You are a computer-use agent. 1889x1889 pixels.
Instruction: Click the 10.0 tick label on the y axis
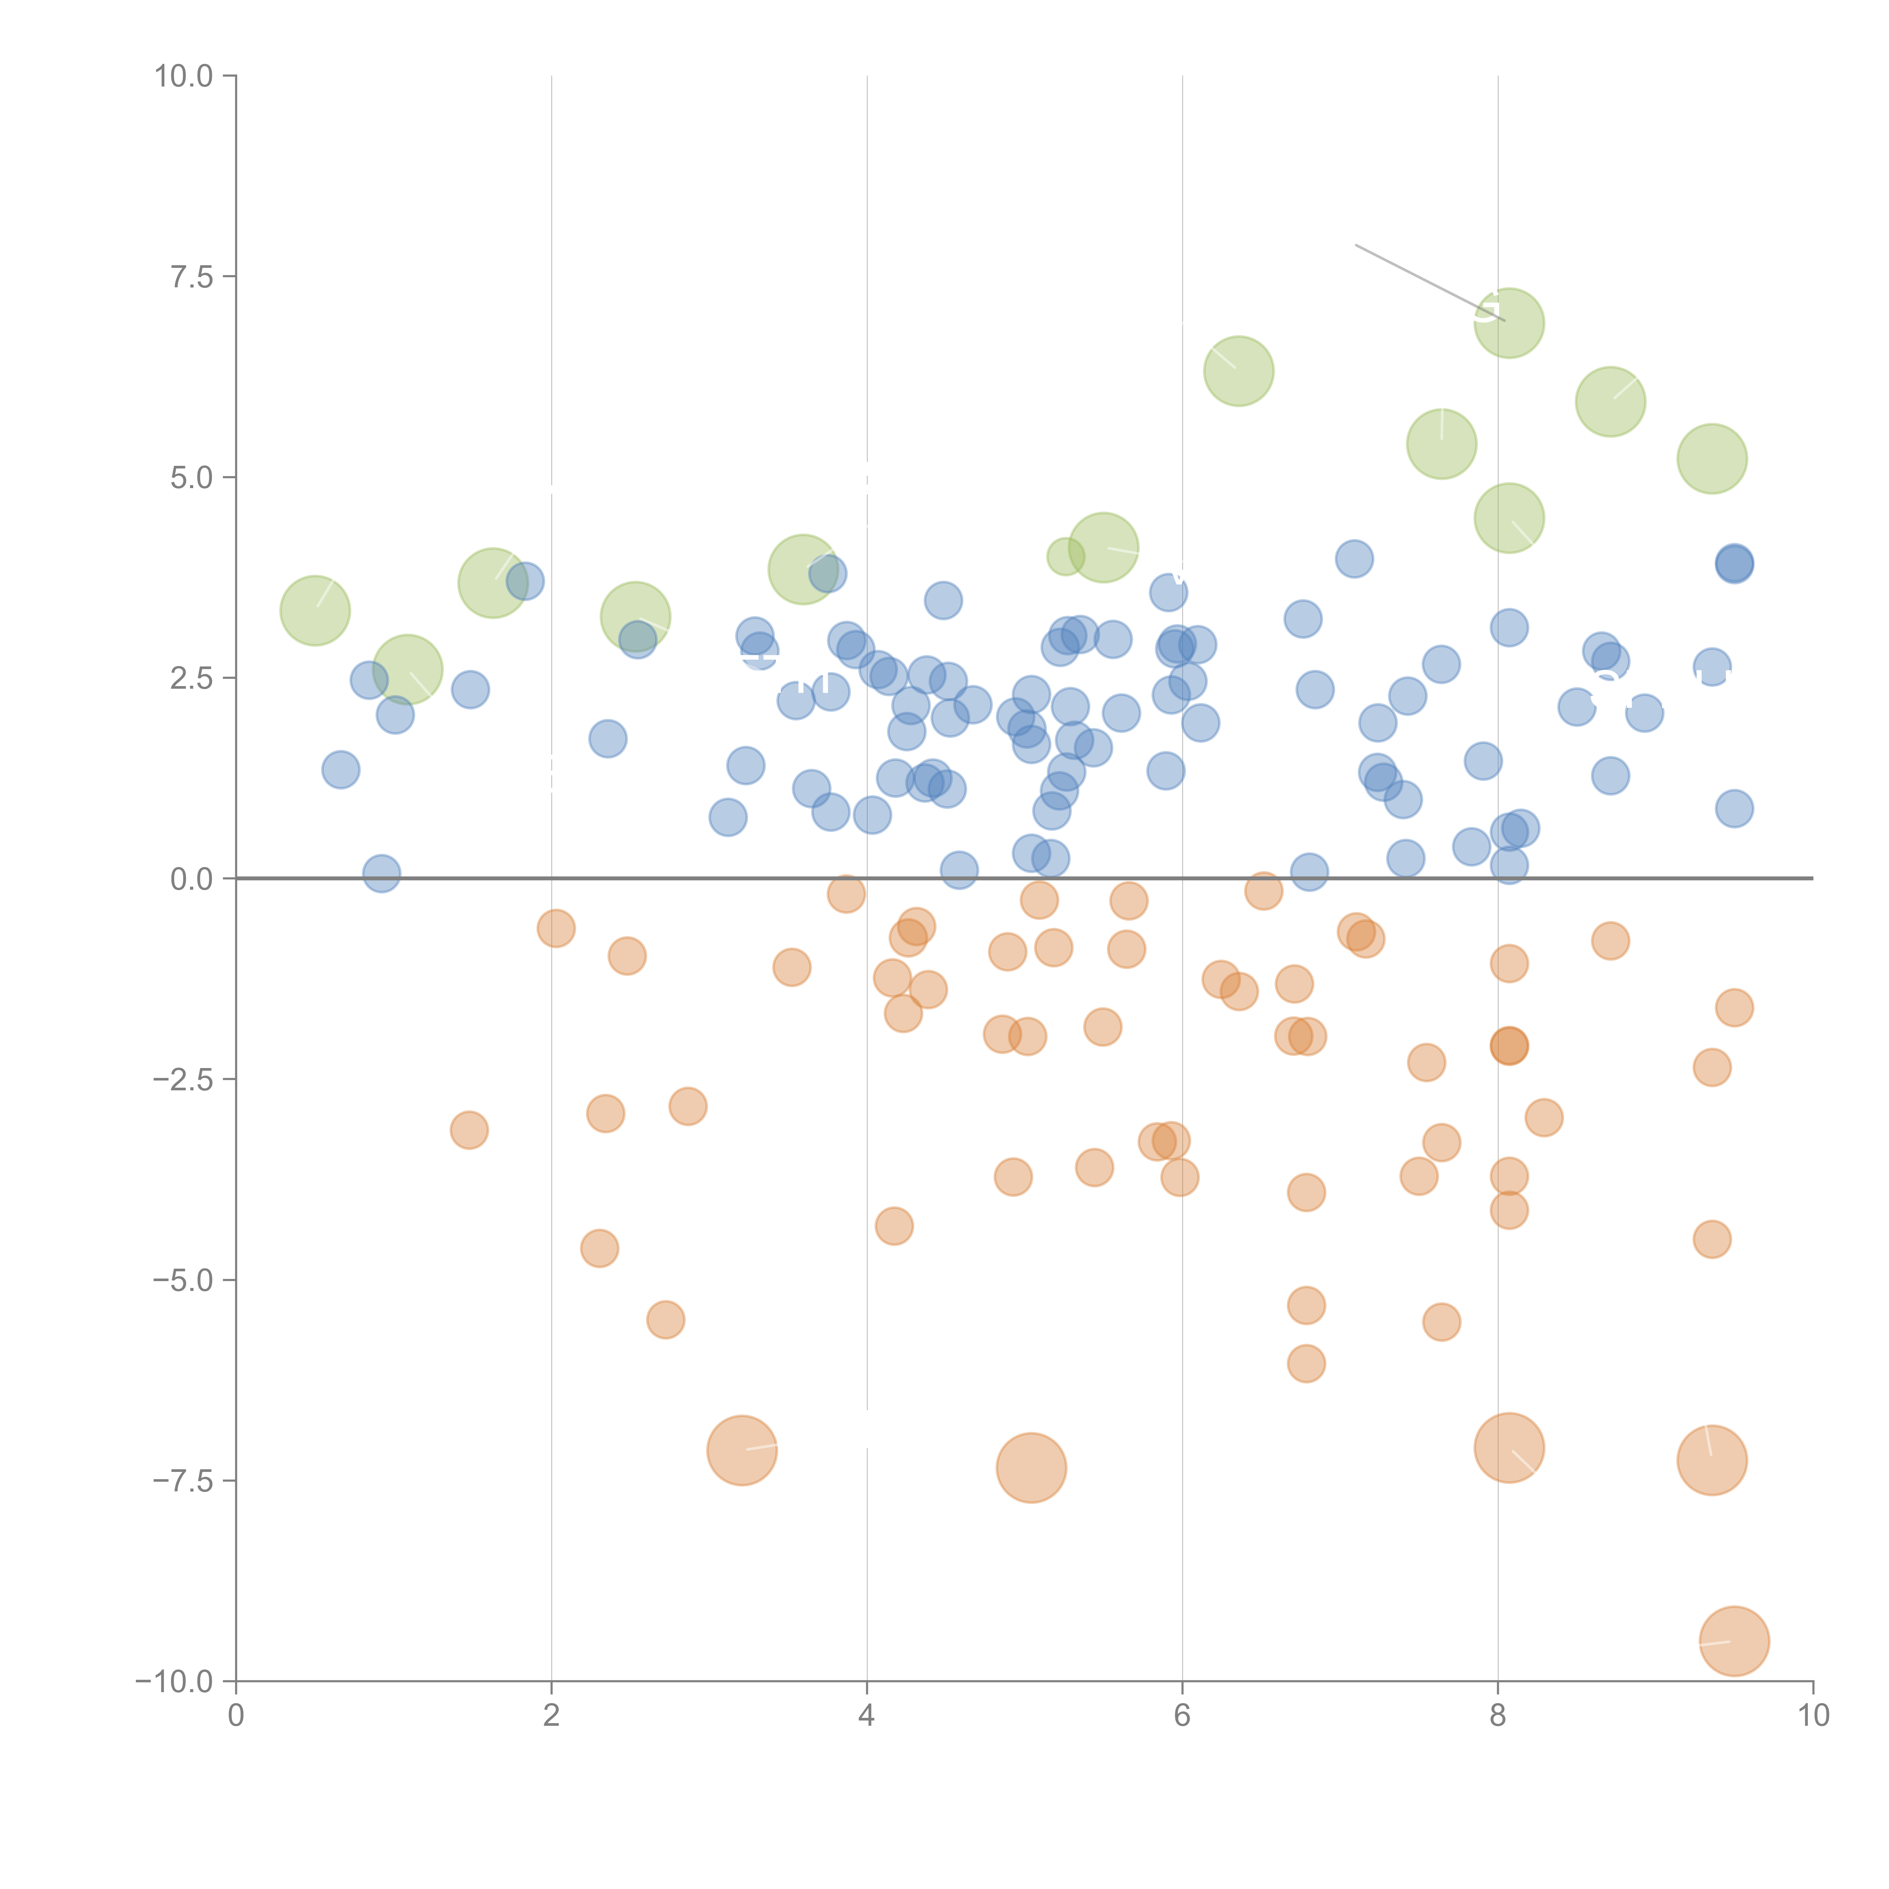(184, 76)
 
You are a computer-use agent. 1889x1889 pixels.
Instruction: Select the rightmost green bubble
(1711, 459)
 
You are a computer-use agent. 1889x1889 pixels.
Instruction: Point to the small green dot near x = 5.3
(1065, 556)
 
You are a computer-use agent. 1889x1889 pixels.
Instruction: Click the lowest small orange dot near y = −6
(1306, 1363)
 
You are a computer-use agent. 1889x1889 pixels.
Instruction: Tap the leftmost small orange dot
(469, 1130)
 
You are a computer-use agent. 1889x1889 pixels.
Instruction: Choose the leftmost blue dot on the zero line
(381, 873)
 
